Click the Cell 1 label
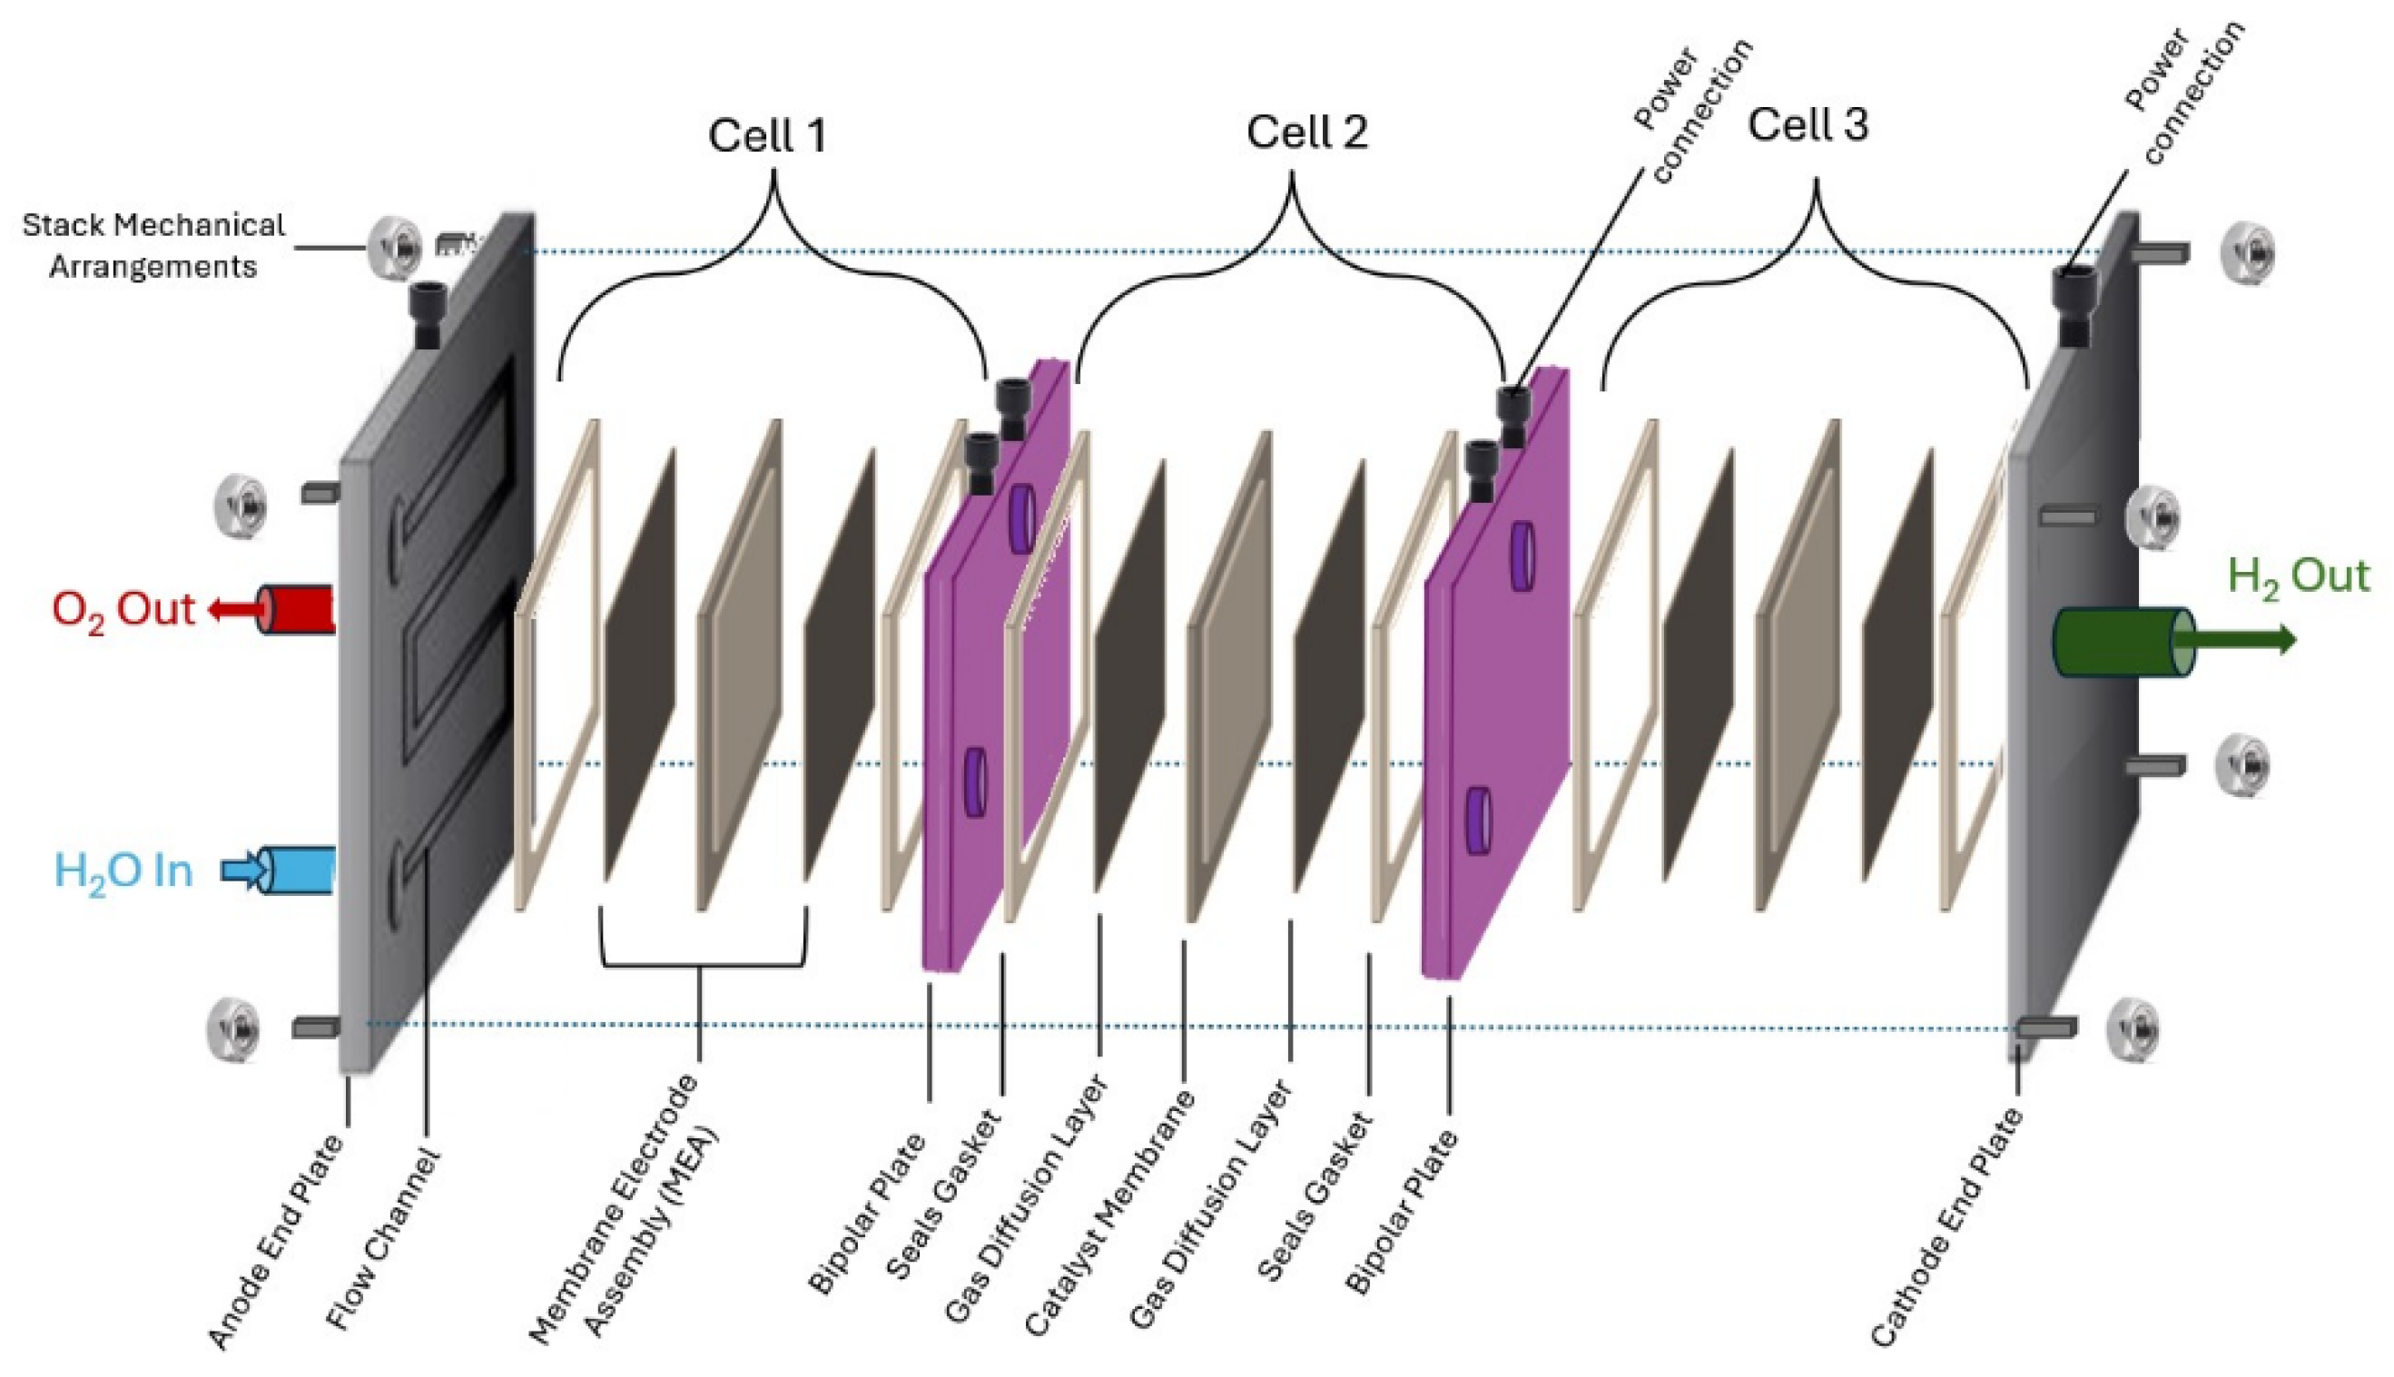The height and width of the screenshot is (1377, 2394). click(x=767, y=135)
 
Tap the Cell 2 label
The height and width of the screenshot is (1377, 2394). click(x=1306, y=133)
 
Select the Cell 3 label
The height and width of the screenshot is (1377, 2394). click(x=1808, y=125)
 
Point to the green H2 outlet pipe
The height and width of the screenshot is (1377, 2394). click(x=2122, y=641)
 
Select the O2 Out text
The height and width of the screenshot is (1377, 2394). click(x=123, y=610)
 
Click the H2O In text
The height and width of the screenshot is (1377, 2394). click(x=123, y=871)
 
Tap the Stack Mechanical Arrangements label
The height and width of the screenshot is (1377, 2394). click(x=153, y=246)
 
